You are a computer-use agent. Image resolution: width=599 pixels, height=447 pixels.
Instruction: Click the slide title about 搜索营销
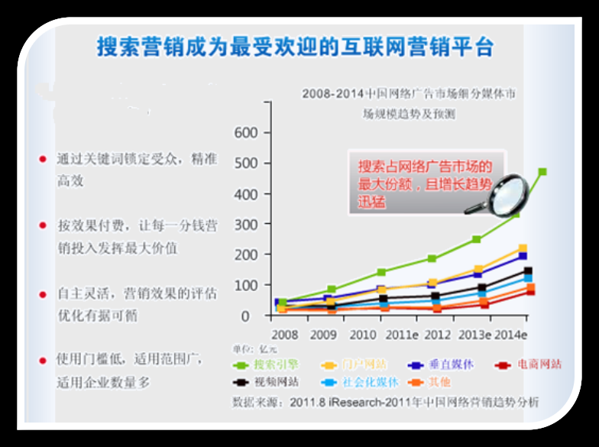pos(295,47)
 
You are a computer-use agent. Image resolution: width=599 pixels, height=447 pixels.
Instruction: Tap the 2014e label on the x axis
pos(510,335)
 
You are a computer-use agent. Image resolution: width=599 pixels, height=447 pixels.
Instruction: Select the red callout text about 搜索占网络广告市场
pos(421,184)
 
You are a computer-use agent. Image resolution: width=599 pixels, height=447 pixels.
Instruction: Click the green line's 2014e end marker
pos(542,172)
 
